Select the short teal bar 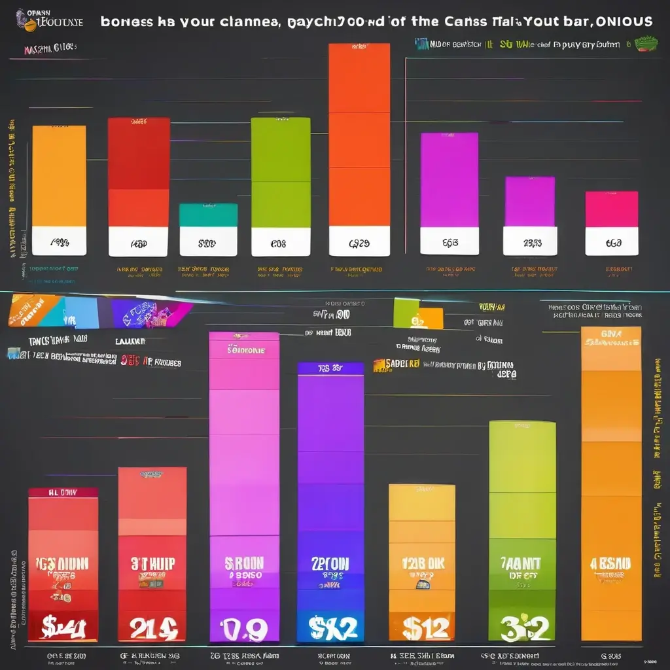click(x=208, y=215)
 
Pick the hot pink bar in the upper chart click(x=611, y=209)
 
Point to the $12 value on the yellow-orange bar click(x=421, y=627)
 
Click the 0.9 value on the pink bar click(x=243, y=629)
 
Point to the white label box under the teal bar click(x=208, y=242)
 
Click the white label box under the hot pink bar click(x=611, y=241)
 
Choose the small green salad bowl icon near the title click(x=646, y=44)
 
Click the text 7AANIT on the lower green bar click(x=521, y=564)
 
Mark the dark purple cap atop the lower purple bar click(x=330, y=368)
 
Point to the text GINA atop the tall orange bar click(x=610, y=334)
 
